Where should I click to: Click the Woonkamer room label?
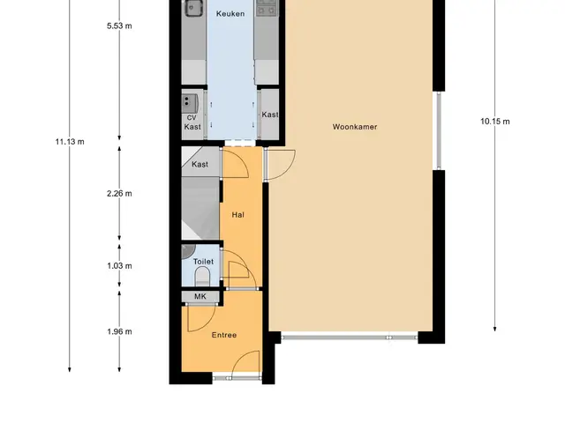point(355,127)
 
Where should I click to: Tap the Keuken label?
point(230,14)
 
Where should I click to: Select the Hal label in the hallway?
point(237,215)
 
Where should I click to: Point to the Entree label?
point(224,335)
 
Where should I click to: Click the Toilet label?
point(203,262)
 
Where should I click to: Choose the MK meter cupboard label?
point(200,296)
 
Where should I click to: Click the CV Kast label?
point(192,122)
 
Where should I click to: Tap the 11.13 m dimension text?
point(70,142)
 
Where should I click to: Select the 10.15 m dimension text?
point(495,122)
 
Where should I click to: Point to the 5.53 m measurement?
point(119,26)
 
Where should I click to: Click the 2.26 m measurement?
point(119,194)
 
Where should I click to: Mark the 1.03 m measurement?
point(119,266)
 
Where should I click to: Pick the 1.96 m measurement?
point(119,331)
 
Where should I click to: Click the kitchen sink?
point(194,8)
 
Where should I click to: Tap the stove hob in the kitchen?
point(267,8)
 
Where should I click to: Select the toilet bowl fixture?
point(202,276)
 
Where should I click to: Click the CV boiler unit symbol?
point(190,103)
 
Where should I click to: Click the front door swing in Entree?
point(245,364)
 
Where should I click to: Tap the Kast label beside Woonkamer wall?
point(270,115)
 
